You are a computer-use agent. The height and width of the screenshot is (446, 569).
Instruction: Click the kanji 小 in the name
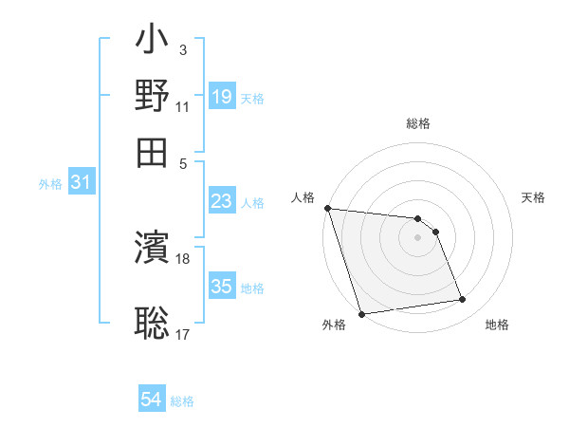[153, 44]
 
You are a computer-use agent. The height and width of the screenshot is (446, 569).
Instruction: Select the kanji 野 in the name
[153, 97]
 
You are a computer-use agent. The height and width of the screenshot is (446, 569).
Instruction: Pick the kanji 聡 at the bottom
[153, 323]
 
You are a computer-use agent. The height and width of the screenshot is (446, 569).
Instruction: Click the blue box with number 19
[222, 96]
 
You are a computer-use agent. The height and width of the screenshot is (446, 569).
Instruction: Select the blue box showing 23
[222, 201]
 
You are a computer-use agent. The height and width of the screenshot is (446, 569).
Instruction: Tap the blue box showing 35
[222, 287]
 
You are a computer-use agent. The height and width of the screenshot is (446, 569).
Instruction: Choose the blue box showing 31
[81, 183]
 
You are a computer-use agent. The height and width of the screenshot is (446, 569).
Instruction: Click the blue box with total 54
[152, 400]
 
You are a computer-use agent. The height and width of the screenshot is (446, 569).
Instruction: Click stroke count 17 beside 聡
[183, 334]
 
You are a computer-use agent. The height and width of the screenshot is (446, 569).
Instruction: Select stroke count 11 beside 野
[183, 106]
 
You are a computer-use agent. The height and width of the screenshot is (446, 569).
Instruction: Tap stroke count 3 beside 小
[182, 48]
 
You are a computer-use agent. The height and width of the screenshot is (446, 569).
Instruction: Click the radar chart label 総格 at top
[418, 124]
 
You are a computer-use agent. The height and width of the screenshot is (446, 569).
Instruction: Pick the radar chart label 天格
[534, 197]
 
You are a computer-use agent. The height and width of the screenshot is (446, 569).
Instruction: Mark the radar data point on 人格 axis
[327, 208]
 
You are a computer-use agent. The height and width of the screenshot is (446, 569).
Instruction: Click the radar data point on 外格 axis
[362, 314]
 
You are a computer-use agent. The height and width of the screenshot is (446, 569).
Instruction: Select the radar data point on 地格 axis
[463, 300]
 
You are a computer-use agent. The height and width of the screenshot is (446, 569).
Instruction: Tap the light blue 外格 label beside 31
[50, 184]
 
